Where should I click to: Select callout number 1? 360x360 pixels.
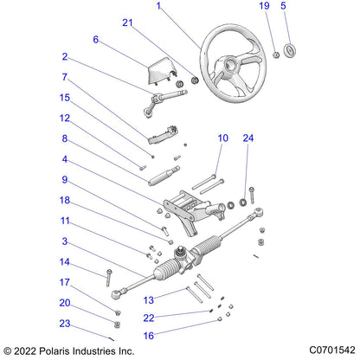(x=158, y=6)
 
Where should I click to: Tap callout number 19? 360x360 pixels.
(x=265, y=6)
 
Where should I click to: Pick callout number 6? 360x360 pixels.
(x=96, y=40)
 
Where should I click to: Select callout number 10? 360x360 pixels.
(x=222, y=138)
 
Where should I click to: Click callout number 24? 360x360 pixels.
(x=248, y=138)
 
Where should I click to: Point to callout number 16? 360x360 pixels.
(x=148, y=335)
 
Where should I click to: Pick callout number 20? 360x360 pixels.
(x=64, y=303)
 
